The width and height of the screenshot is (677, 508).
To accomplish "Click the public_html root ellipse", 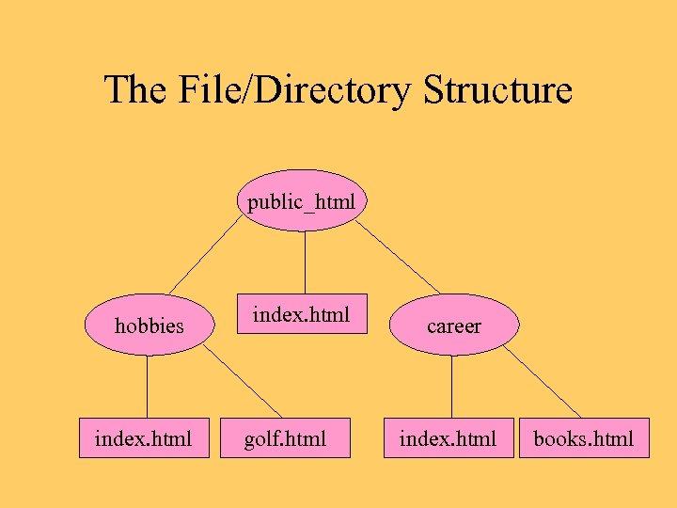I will tap(302, 200).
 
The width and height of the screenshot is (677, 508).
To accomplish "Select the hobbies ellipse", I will tap(149, 325).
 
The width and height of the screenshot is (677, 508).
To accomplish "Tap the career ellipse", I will tap(453, 325).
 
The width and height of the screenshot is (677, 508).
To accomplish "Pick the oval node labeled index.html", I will tap(302, 314).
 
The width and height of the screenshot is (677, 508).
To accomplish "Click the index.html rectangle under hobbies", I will tap(143, 437).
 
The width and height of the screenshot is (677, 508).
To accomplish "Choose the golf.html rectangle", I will tap(285, 437).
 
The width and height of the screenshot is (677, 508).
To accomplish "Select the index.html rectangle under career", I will tap(448, 437).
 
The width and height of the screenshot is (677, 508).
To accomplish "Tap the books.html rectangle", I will tap(584, 437).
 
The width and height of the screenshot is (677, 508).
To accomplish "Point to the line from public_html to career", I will tap(397, 256).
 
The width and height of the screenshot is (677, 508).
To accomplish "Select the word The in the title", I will tap(134, 90).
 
